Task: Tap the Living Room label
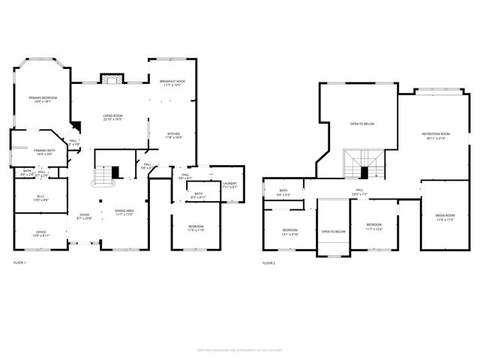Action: click(x=112, y=117)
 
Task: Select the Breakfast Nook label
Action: click(x=172, y=83)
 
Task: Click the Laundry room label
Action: click(x=230, y=185)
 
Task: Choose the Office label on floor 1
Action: click(x=40, y=233)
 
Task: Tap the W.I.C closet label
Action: click(x=41, y=199)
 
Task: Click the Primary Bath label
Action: click(x=44, y=152)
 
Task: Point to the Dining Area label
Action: click(x=124, y=213)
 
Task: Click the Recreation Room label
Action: click(x=435, y=136)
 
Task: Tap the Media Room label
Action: click(x=445, y=217)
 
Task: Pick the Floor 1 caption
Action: click(x=19, y=263)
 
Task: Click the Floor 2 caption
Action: click(x=269, y=263)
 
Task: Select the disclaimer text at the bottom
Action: click(x=240, y=348)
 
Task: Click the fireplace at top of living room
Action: click(x=112, y=79)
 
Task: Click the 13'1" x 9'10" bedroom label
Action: click(x=289, y=232)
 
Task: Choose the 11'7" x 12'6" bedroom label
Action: click(x=373, y=227)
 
